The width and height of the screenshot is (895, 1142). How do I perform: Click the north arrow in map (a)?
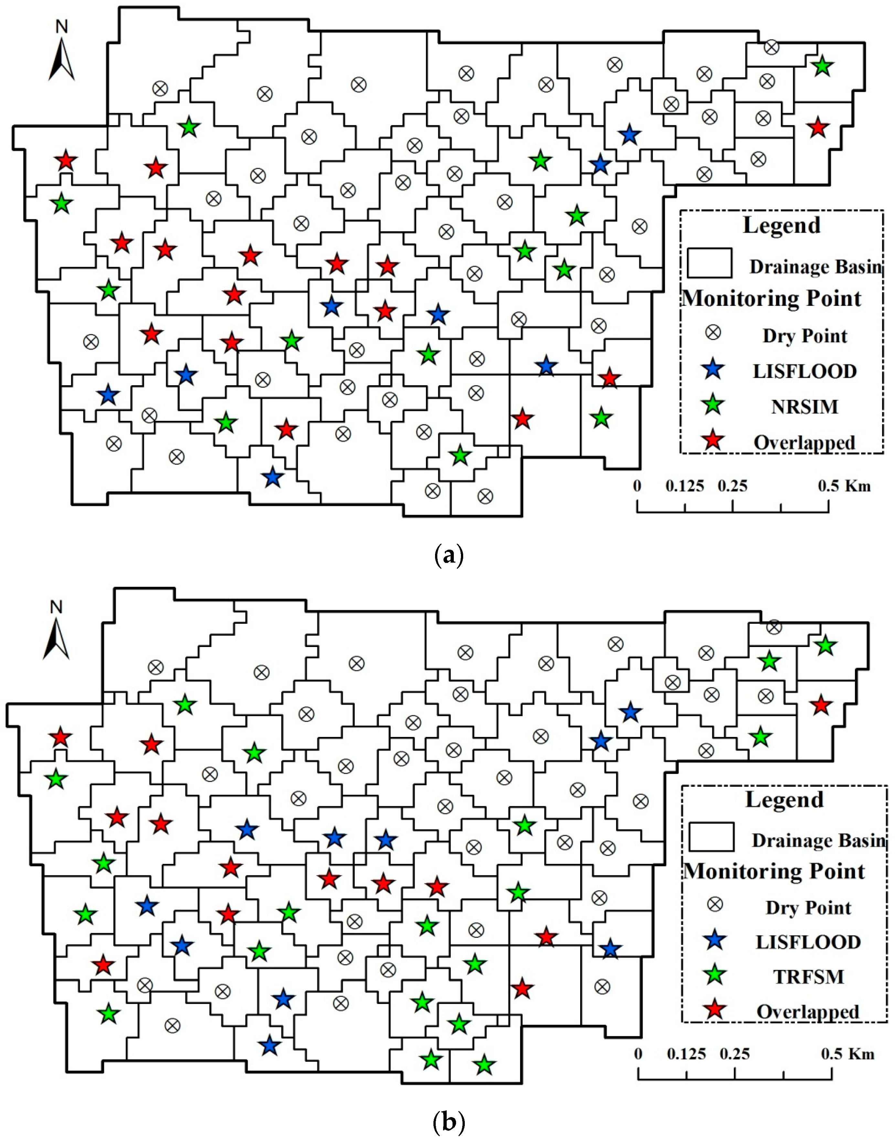pos(62,58)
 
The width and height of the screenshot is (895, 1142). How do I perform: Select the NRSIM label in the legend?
pos(804,407)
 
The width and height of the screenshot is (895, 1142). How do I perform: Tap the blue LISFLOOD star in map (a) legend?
pos(713,370)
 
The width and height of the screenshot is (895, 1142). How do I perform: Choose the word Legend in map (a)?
pos(781,225)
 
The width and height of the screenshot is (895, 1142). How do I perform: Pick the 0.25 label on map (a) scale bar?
pos(732,486)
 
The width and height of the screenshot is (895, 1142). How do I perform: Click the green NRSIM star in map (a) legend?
pos(713,405)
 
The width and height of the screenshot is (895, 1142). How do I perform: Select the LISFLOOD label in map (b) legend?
pos(808,942)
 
